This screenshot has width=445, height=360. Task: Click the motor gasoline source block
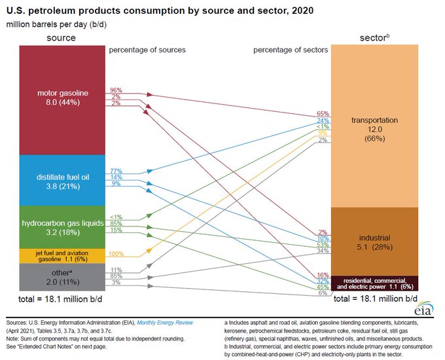[x=62, y=98]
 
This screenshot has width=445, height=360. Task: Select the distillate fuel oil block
[x=62, y=180]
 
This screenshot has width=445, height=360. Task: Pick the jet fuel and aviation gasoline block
[x=62, y=255]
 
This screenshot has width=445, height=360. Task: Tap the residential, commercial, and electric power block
[x=374, y=283]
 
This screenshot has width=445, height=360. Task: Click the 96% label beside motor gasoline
[x=116, y=90]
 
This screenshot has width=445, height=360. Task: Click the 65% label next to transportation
[x=323, y=114]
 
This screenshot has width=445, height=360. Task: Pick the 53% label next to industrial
[x=323, y=245]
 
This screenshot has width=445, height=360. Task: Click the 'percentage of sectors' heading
[x=291, y=50]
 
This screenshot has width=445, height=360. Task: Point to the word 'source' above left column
[x=61, y=38]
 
